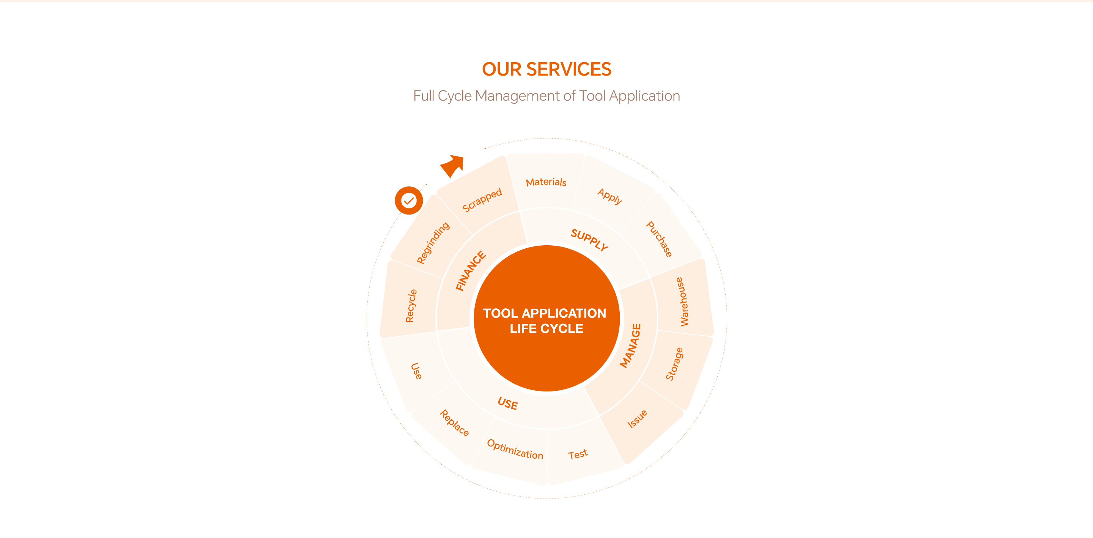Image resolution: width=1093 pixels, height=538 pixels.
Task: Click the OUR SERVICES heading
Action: pos(546,69)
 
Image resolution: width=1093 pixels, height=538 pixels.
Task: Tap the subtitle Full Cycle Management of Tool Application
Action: pos(546,96)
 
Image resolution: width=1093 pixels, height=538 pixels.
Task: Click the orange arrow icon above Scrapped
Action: pos(452,166)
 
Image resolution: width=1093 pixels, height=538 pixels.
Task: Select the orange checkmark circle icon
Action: pos(409,200)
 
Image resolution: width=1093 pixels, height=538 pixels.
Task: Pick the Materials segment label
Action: pos(546,182)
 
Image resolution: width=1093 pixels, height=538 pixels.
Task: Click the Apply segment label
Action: pos(610,196)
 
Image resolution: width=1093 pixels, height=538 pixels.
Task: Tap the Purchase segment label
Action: pos(659,239)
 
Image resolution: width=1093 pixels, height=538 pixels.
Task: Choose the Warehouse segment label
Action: pos(682,301)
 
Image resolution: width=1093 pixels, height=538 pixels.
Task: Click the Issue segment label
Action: pos(637,419)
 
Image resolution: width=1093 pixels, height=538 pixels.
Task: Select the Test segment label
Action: pos(578,454)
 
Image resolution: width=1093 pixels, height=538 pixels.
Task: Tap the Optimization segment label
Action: pos(515,449)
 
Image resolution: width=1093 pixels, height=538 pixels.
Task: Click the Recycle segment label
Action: pos(411,306)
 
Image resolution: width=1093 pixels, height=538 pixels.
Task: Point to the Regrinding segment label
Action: pos(433,243)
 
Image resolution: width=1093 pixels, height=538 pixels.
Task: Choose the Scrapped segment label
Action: pos(482,200)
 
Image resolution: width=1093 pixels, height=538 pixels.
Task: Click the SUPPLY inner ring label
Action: pos(589,240)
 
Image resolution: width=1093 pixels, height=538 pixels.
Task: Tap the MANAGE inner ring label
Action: pos(630,346)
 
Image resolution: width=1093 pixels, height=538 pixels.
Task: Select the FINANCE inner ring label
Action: pos(471,271)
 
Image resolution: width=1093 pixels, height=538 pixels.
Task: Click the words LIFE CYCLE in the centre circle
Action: pos(546,329)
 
